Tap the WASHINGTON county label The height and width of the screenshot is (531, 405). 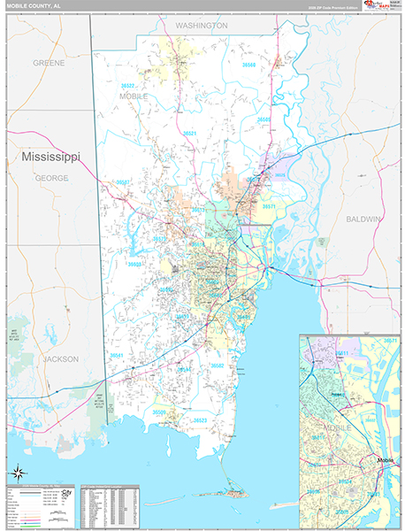pyautogui.click(x=201, y=27)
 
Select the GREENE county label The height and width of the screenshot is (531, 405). pyautogui.click(x=49, y=64)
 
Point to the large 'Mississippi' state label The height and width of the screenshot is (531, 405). pyautogui.click(x=50, y=157)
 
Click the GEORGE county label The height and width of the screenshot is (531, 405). pyautogui.click(x=51, y=178)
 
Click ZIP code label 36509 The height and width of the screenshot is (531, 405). pyautogui.click(x=159, y=412)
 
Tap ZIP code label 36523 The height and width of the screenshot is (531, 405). pyautogui.click(x=202, y=420)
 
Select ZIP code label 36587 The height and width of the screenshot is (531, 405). pyautogui.click(x=124, y=182)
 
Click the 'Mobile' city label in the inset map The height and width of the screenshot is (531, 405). pyautogui.click(x=386, y=460)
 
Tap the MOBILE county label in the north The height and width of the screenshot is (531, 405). pyautogui.click(x=134, y=95)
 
